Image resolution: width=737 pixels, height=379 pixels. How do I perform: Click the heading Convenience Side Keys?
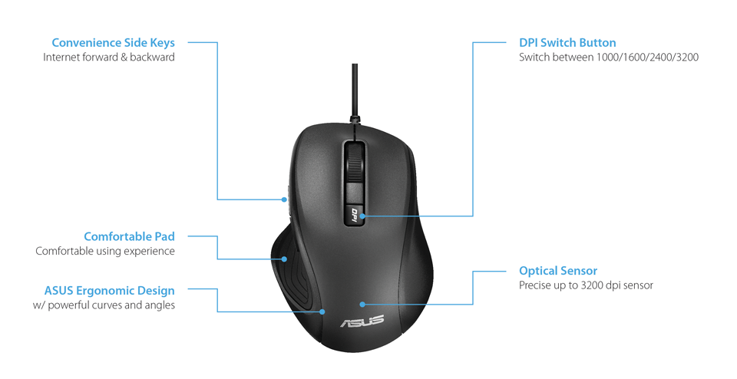pos(114,43)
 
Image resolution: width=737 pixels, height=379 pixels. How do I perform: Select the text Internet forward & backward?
pos(109,58)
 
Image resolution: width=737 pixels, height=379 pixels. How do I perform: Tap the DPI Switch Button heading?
pos(567,43)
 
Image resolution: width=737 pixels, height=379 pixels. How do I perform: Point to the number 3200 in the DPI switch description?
pos(687,58)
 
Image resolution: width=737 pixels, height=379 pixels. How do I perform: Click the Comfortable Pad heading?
pos(129,237)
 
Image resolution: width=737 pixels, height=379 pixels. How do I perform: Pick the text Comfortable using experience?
pos(105,251)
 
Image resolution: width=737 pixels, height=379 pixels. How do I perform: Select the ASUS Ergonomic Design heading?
pos(110,291)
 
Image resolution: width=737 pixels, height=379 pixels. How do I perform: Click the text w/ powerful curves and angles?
pos(104,305)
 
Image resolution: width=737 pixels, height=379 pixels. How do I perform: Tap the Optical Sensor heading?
pos(558,271)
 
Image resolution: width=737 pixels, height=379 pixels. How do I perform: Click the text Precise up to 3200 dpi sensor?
pos(586,285)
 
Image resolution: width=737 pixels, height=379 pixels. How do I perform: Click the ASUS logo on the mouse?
pos(362,321)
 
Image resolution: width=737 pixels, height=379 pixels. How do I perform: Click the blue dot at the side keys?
pos(284,199)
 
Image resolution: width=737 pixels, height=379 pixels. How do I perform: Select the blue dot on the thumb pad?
pos(284,259)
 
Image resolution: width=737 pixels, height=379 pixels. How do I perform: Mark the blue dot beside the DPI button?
pos(362,216)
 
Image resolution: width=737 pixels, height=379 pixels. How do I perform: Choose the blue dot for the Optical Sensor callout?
pos(362,305)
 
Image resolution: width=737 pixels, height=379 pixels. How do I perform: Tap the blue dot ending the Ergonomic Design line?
pos(322,311)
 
